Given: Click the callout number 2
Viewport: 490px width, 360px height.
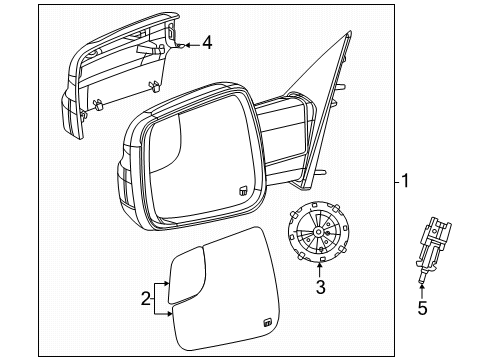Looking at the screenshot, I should pyautogui.click(x=146, y=297).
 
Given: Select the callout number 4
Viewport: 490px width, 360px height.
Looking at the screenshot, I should pyautogui.click(x=207, y=43).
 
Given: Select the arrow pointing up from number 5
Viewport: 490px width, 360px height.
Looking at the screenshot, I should pyautogui.click(x=422, y=292).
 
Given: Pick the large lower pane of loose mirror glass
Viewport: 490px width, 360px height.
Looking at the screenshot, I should pyautogui.click(x=225, y=300).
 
